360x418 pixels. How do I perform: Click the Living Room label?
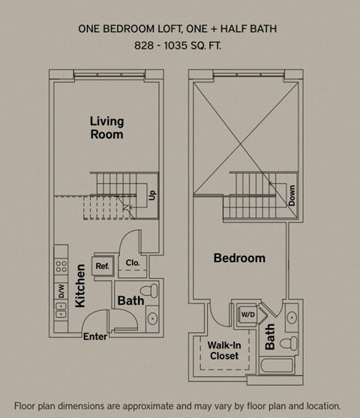(x=106, y=127)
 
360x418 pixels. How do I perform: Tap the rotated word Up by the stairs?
(x=151, y=195)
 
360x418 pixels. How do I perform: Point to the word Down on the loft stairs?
(x=291, y=196)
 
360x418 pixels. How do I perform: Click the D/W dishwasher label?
(x=61, y=291)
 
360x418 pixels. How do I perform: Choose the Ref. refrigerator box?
(x=102, y=265)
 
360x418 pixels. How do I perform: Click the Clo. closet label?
(x=133, y=263)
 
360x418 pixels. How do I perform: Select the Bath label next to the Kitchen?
(x=130, y=301)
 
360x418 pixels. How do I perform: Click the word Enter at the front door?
(x=95, y=336)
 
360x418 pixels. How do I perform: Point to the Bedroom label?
(x=239, y=258)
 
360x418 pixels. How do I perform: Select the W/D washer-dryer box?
(x=247, y=315)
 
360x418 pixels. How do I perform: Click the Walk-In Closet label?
(x=223, y=351)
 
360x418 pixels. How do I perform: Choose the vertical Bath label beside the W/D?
(x=270, y=332)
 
